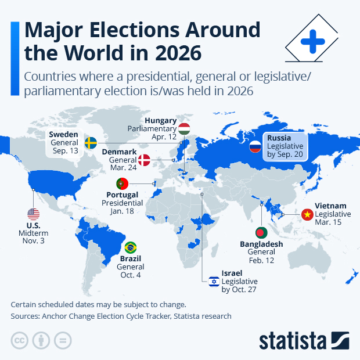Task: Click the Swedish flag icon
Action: pos(91,142)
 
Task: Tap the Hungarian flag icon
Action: pos(184,129)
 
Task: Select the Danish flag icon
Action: pos(143,160)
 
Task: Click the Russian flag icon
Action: pos(255,147)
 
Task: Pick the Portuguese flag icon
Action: pos(123,184)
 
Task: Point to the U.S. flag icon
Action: pos(33,214)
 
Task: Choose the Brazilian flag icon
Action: pos(131,247)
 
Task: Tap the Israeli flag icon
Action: pos(214,282)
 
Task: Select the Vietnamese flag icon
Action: pos(305,215)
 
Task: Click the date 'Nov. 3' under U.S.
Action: pos(34,241)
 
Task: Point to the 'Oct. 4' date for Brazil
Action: pos(130,275)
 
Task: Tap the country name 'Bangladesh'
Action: pos(261,244)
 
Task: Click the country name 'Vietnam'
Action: pos(330,206)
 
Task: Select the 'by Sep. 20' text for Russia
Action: pos(285,155)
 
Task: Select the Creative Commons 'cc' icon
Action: pos(20,340)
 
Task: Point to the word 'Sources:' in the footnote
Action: pos(27,316)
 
